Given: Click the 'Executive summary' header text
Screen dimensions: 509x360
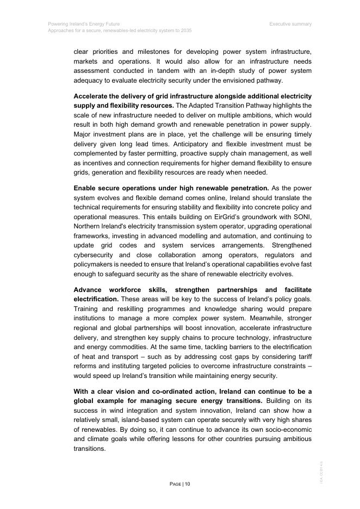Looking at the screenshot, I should coord(290,24).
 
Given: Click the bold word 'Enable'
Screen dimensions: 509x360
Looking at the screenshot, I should coord(86,188).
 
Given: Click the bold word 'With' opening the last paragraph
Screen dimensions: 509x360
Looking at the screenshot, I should coord(82,392).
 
